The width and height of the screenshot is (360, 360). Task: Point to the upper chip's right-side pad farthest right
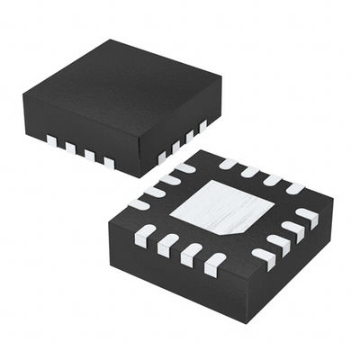coord(203,124)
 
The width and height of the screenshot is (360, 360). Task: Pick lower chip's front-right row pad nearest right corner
coord(308,216)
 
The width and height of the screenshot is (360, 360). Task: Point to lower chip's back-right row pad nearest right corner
coord(295,187)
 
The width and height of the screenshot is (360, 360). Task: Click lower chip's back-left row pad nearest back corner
coord(184,167)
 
